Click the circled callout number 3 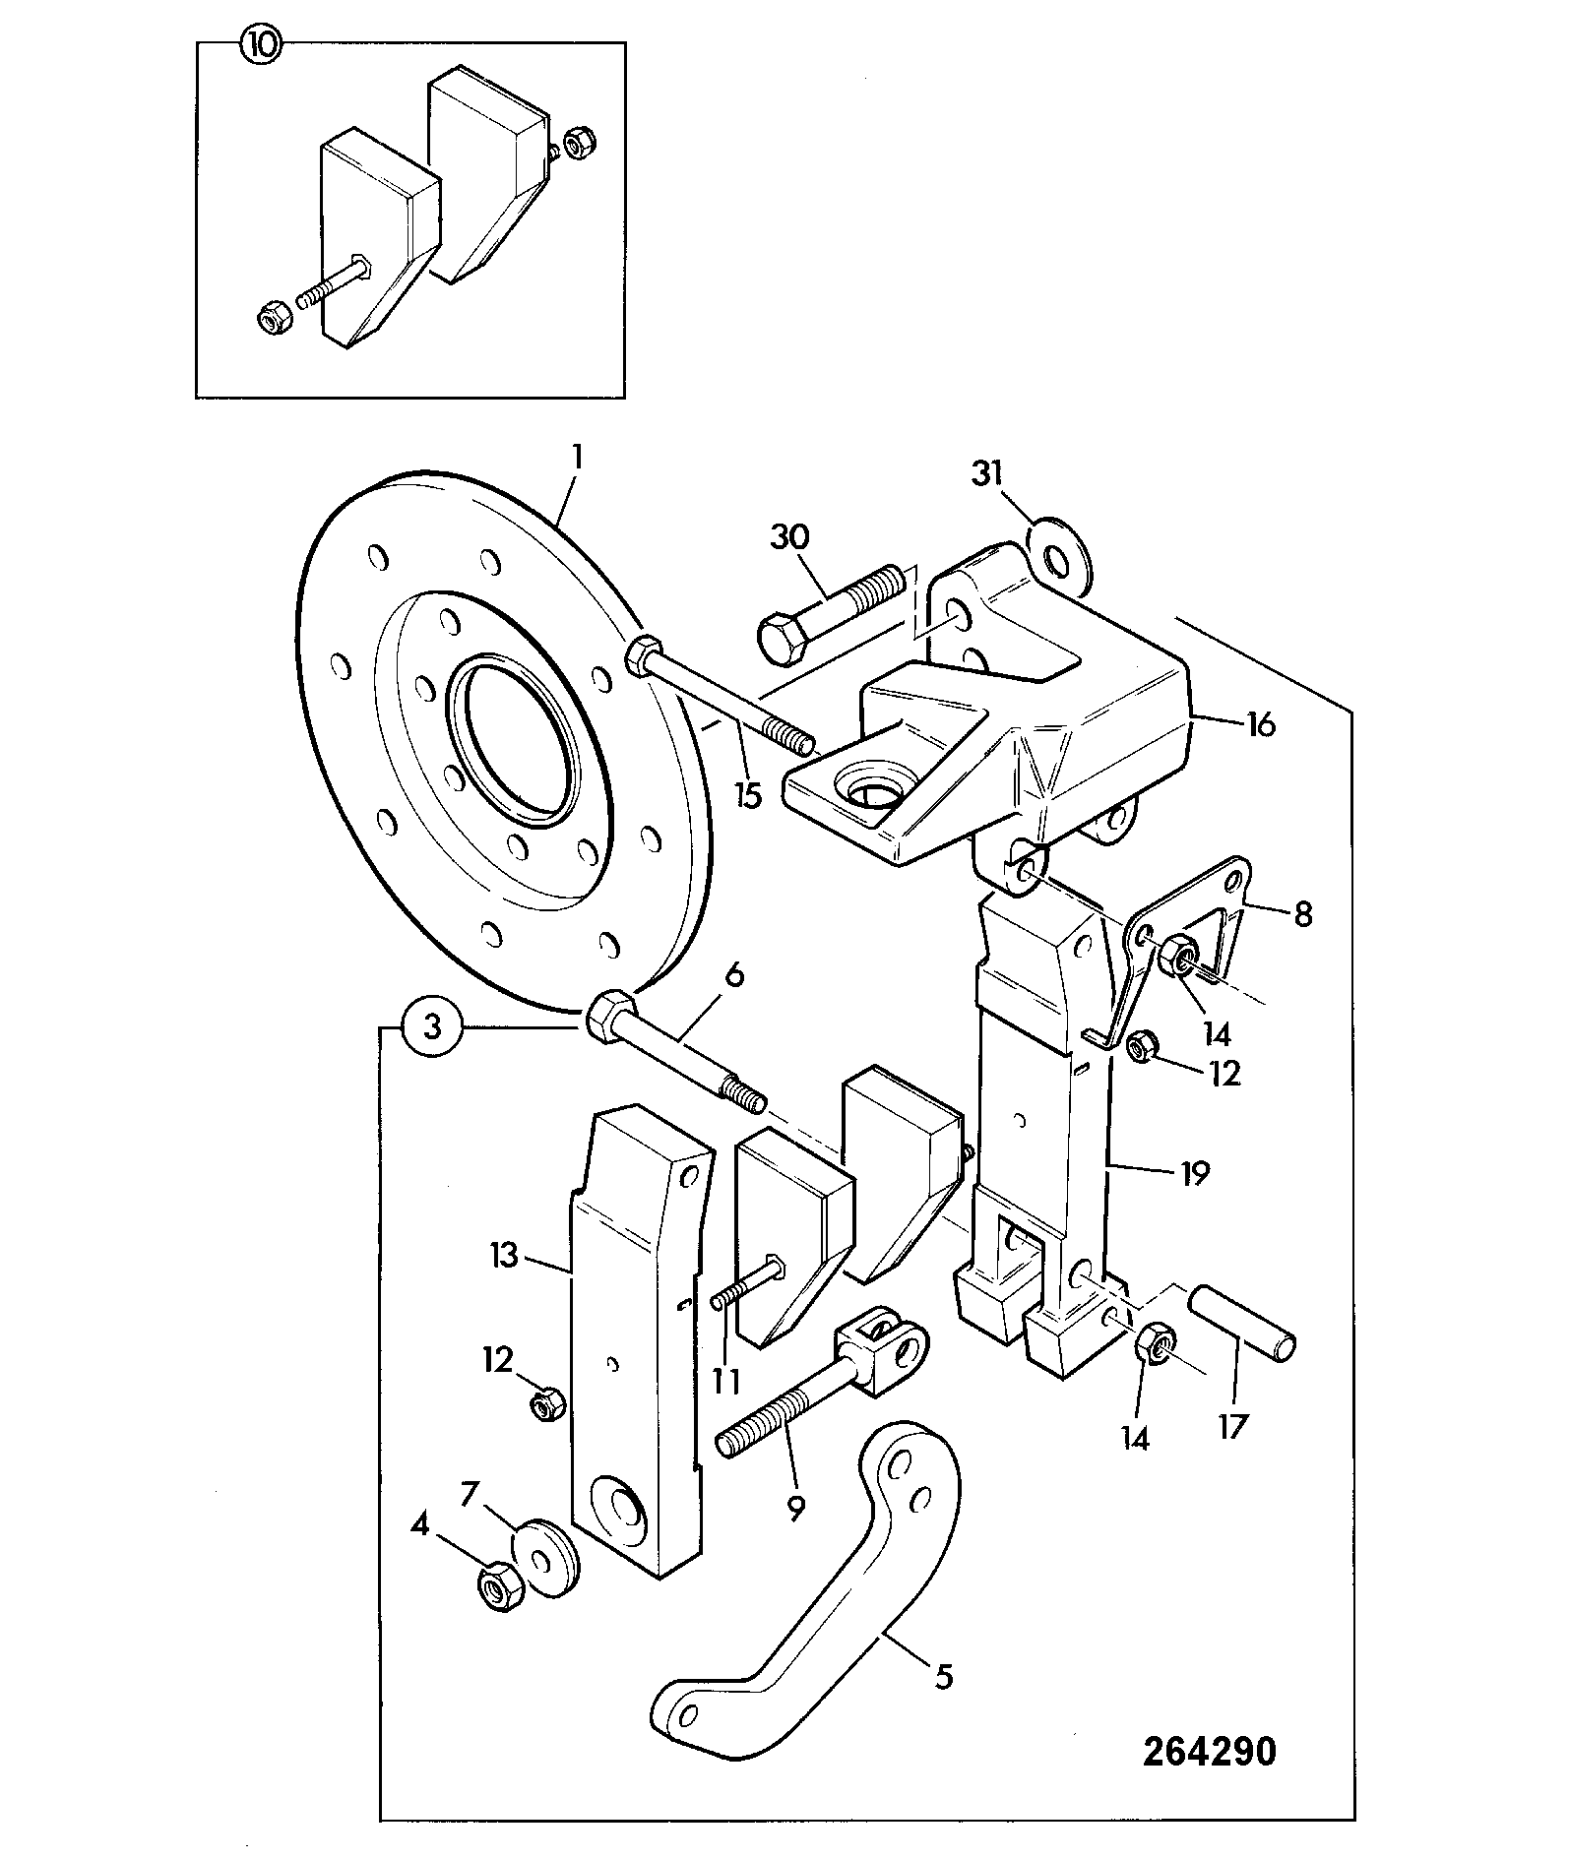coord(431,1029)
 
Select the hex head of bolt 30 coord(783,637)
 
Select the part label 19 coord(1194,1173)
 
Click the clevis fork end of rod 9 coord(881,1346)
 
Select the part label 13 coord(504,1256)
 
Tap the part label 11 coord(726,1381)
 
